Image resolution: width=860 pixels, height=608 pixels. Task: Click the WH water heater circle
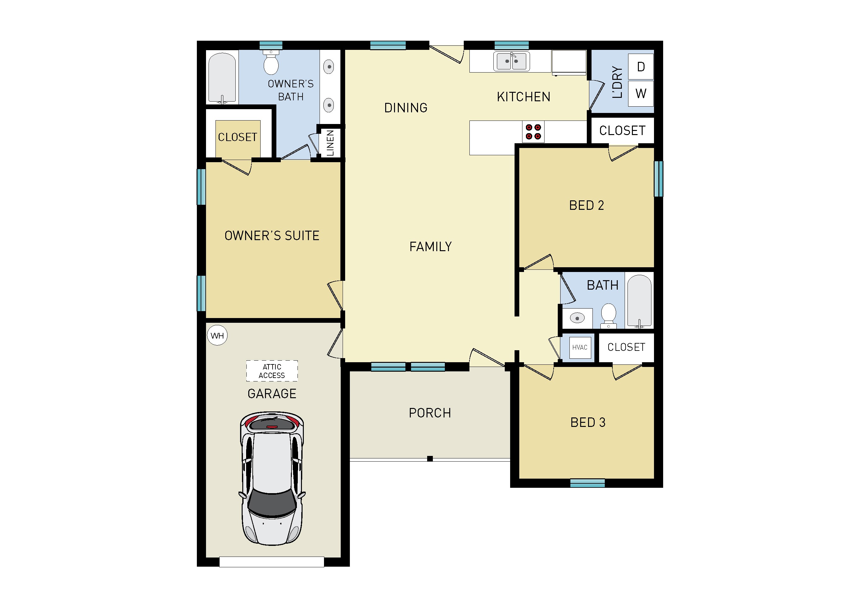[217, 336]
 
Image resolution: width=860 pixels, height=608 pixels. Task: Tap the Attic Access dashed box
[272, 371]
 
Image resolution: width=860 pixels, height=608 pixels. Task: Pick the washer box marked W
[641, 93]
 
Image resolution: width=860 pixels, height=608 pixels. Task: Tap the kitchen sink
[511, 61]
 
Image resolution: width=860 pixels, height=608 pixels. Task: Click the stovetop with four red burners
[533, 132]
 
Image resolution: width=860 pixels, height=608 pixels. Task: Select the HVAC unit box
[580, 348]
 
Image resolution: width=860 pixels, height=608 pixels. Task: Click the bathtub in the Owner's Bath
[222, 78]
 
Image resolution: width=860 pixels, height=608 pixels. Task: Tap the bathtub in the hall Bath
[639, 301]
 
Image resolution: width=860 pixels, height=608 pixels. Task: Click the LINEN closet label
[330, 143]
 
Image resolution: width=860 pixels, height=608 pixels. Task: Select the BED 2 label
[586, 205]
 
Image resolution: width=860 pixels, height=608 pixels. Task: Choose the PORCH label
[430, 413]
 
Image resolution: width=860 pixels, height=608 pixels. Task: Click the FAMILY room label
[431, 246]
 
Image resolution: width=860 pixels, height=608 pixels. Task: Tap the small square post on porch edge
[430, 458]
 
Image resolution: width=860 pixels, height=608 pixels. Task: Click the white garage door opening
[272, 562]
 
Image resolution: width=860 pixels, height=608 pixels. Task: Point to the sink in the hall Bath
[577, 318]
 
